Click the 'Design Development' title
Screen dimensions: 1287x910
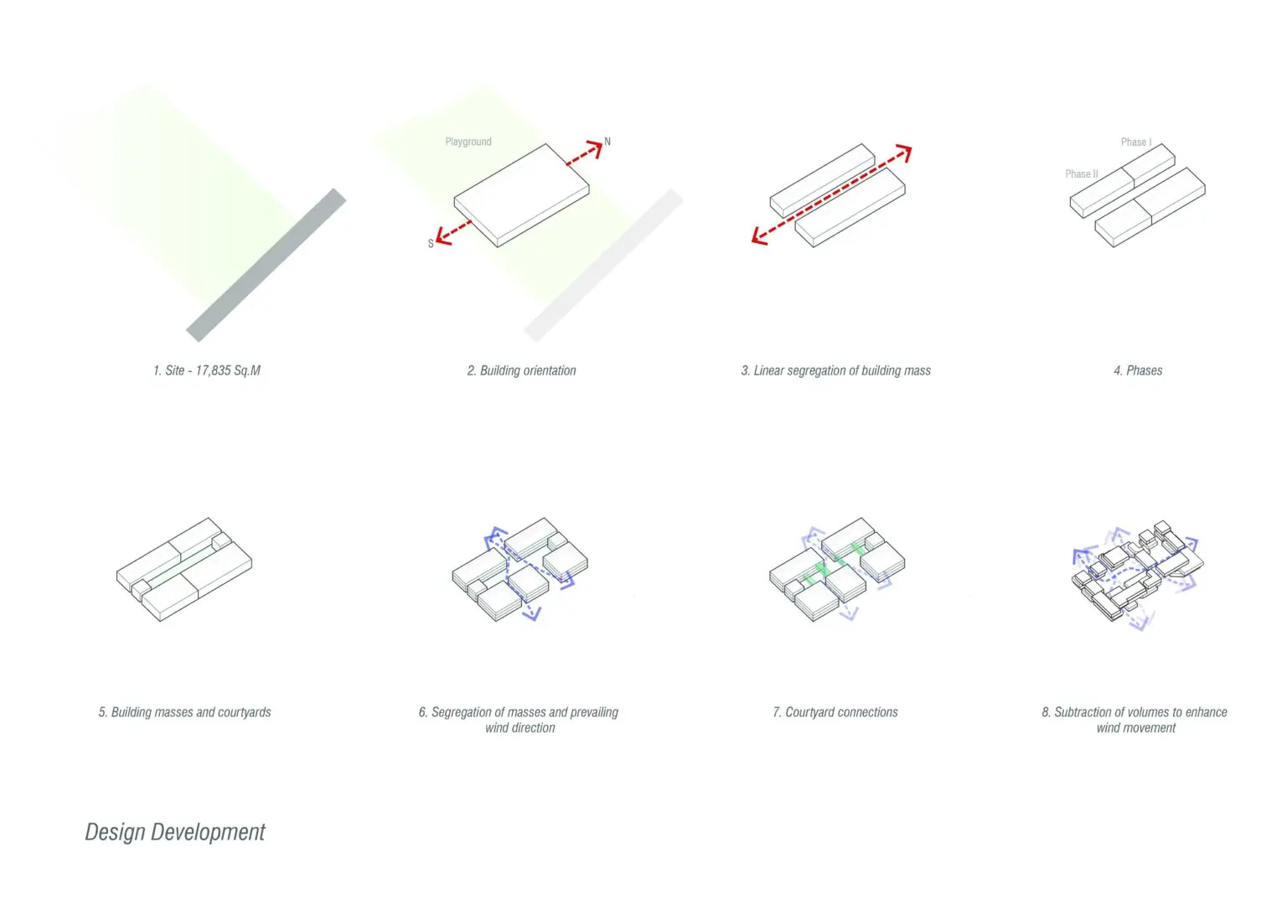pyautogui.click(x=175, y=832)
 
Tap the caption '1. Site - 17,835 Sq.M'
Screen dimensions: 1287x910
pyautogui.click(x=207, y=370)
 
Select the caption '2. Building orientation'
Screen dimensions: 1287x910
pyautogui.click(x=521, y=370)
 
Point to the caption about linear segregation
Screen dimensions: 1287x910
pyautogui.click(x=835, y=370)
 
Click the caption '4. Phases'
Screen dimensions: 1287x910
pyautogui.click(x=1138, y=370)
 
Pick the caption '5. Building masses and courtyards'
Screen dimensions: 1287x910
pyautogui.click(x=184, y=712)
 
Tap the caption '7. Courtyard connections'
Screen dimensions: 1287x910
pyautogui.click(x=835, y=712)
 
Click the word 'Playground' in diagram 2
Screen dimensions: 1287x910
pyautogui.click(x=468, y=142)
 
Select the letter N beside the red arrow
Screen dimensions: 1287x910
pyautogui.click(x=607, y=142)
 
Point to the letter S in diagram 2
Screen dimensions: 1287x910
pyautogui.click(x=431, y=244)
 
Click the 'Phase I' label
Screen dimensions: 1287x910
pyautogui.click(x=1136, y=142)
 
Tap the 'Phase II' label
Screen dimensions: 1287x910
pyautogui.click(x=1082, y=173)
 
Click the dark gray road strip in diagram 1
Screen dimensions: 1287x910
pyautogui.click(x=266, y=265)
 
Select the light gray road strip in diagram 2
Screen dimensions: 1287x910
pyautogui.click(x=603, y=265)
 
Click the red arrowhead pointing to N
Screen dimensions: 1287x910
pyautogui.click(x=595, y=148)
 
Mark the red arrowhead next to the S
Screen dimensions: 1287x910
pyautogui.click(x=443, y=236)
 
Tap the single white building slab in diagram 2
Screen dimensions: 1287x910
pyautogui.click(x=521, y=195)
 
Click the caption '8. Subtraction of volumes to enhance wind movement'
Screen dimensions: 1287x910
pyautogui.click(x=1135, y=720)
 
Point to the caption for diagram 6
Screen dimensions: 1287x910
pyautogui.click(x=519, y=720)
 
